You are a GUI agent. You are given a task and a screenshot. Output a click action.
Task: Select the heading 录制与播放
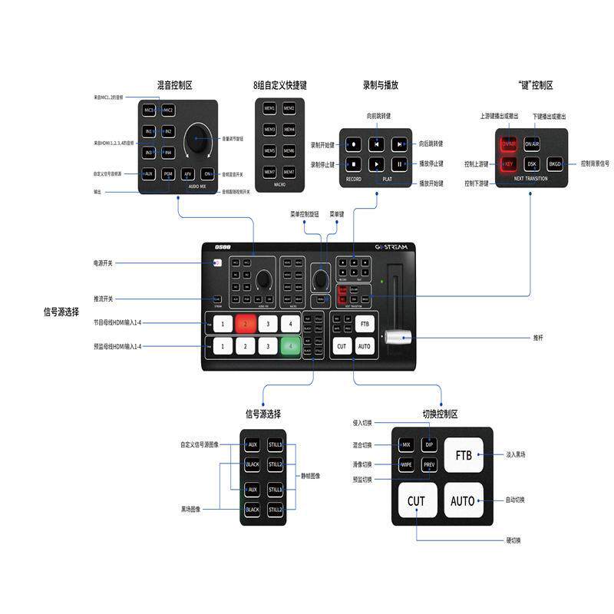(381, 85)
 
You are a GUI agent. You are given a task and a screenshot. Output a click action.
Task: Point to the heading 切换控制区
(440, 414)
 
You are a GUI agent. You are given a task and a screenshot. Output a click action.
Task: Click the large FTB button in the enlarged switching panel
(463, 455)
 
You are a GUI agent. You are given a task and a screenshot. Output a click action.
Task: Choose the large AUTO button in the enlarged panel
(463, 501)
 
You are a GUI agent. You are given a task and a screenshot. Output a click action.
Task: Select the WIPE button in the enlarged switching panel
(407, 464)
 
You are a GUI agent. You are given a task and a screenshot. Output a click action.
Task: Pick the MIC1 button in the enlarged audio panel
(149, 111)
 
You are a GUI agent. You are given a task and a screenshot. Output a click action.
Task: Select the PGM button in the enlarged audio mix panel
(168, 174)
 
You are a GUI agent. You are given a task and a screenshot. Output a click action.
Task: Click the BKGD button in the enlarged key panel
(555, 163)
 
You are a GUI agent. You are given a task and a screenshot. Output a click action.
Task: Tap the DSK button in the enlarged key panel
(531, 163)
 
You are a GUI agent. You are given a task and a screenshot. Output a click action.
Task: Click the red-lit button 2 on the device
(245, 324)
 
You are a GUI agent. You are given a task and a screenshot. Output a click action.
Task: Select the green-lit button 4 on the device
(289, 347)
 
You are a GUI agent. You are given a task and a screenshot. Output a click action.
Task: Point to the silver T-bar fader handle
(398, 337)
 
